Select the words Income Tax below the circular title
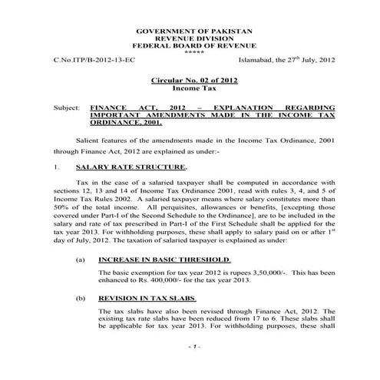(x=191, y=89)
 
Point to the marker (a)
(x=81, y=259)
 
